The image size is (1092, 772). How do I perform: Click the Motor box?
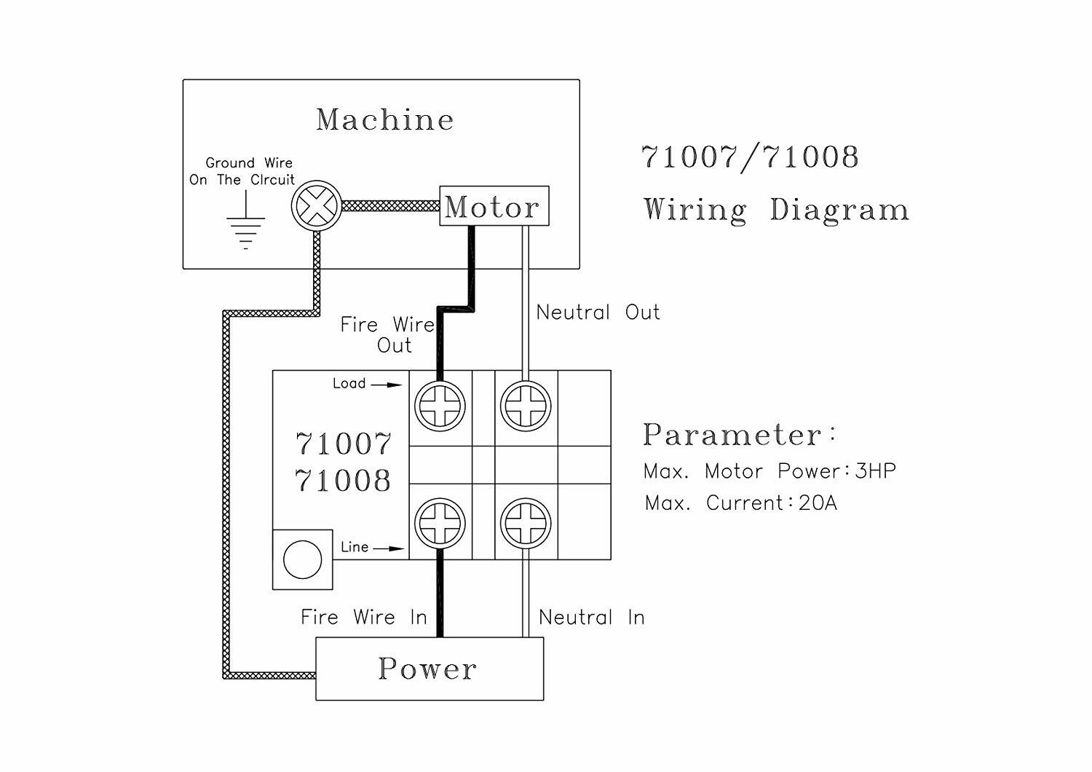click(494, 206)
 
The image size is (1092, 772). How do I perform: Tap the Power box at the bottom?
click(429, 669)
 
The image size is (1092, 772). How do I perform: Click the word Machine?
click(384, 119)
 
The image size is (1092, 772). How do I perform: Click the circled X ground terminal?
click(316, 206)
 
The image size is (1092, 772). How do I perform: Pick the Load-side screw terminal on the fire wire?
click(440, 406)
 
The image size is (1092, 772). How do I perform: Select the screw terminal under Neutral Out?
click(526, 406)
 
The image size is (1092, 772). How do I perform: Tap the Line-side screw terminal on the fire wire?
click(440, 523)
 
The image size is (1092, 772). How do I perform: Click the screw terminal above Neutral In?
click(526, 523)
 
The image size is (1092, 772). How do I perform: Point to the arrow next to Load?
click(387, 385)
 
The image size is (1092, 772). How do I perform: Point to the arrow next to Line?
click(389, 548)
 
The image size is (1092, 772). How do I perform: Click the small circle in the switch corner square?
click(302, 560)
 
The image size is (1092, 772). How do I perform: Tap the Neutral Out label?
click(598, 312)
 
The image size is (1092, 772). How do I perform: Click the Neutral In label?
click(591, 618)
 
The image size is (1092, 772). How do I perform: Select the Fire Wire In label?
click(363, 618)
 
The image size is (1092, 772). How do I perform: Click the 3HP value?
click(876, 471)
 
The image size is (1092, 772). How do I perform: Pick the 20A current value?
click(818, 503)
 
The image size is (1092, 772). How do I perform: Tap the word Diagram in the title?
click(839, 210)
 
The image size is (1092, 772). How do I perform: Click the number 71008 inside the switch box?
click(343, 481)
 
